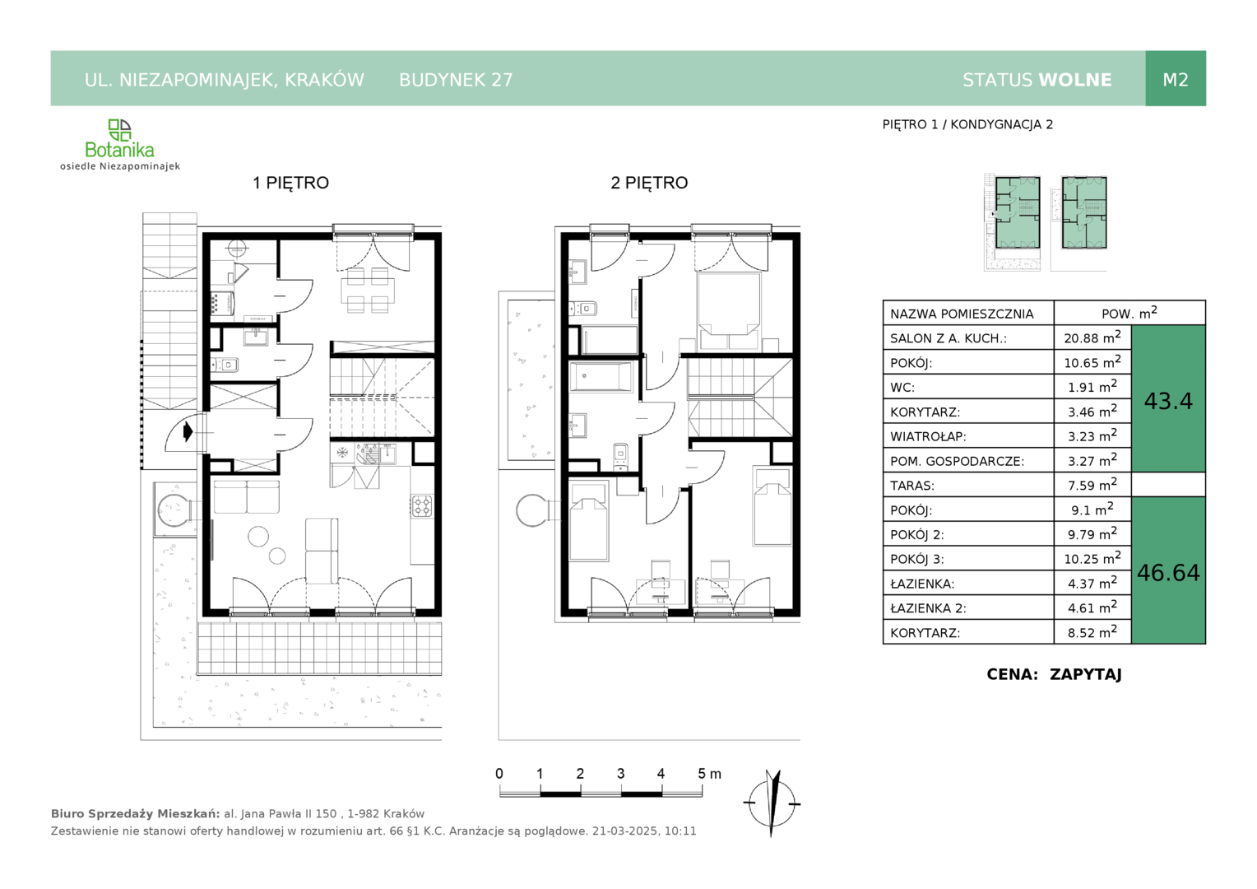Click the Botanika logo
(x=119, y=144)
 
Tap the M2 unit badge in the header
(x=1175, y=79)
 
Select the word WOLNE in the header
(x=1075, y=80)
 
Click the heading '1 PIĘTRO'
(x=290, y=183)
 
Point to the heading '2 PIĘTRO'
(x=649, y=183)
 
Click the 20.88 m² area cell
(x=1092, y=337)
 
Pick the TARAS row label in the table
(x=911, y=486)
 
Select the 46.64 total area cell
(x=1168, y=572)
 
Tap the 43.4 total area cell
(x=1168, y=400)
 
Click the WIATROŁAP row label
(x=928, y=436)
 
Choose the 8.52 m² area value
(x=1092, y=632)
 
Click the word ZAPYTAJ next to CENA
(x=1085, y=674)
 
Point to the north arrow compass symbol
(x=772, y=803)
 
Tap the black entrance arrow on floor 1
(x=188, y=432)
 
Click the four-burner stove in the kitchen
(x=422, y=505)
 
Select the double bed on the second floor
(x=728, y=311)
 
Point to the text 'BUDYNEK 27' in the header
(x=456, y=80)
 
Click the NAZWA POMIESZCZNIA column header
(x=962, y=314)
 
